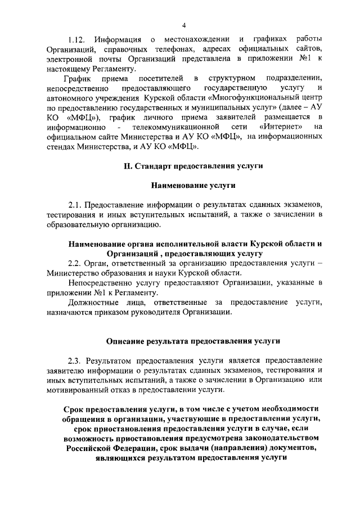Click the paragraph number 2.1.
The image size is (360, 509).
coord(76,205)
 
